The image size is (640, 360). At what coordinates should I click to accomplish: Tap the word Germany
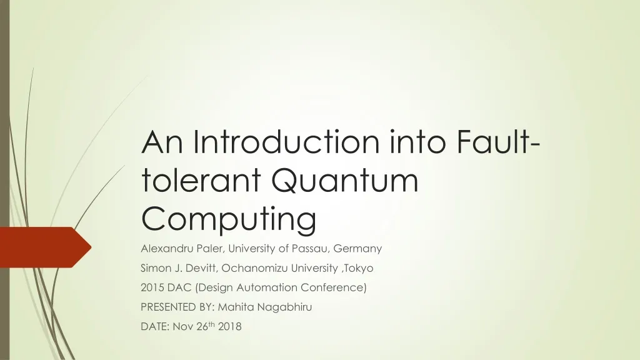click(357, 248)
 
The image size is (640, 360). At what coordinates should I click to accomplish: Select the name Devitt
click(196, 268)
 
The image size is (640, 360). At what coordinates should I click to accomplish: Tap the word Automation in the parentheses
click(256, 288)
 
